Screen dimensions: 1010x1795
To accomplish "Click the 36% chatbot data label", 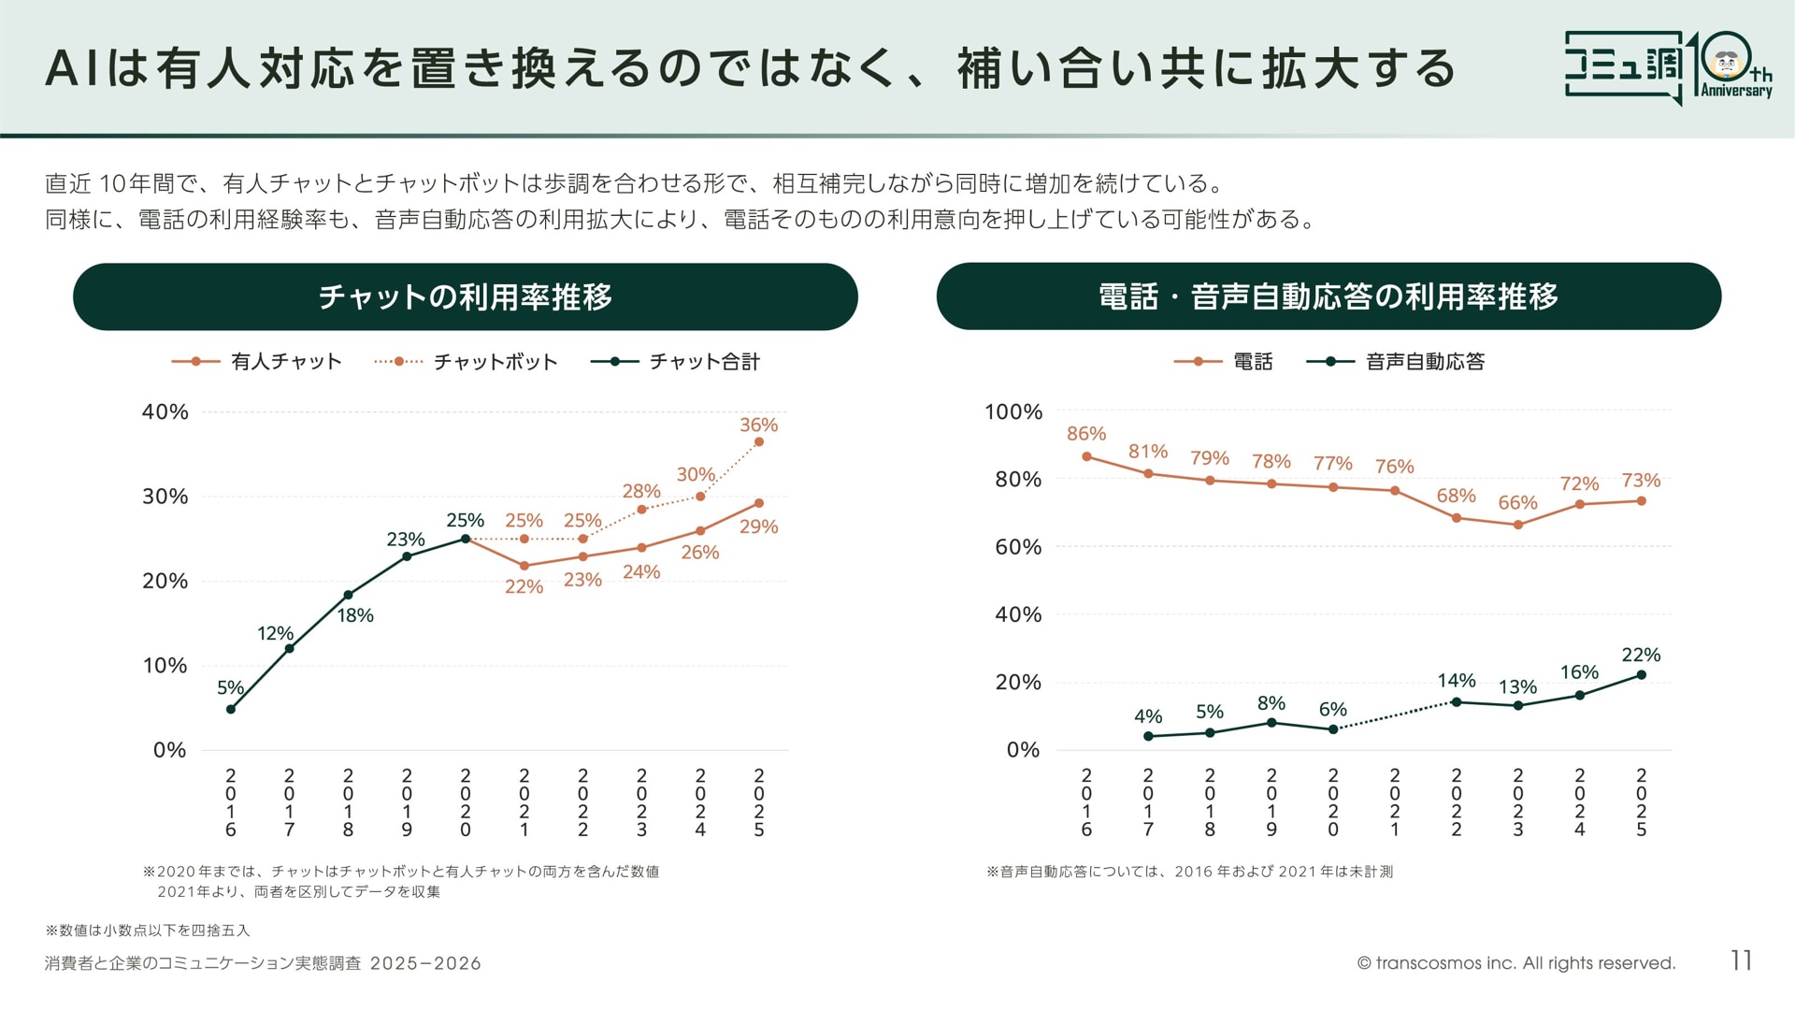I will pos(758,425).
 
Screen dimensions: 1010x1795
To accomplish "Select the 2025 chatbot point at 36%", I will pos(758,442).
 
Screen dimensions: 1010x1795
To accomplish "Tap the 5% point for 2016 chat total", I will pos(231,709).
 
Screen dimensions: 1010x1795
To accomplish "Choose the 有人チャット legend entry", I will pos(257,362).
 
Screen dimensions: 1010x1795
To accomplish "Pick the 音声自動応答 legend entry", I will pos(1395,362).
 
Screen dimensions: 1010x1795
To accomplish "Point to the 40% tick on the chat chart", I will pos(165,412).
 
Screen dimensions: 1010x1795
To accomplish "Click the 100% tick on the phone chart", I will pos(1013,412).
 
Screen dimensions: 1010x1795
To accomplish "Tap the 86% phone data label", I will pos(1086,434).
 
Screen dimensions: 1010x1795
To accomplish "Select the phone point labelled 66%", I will pos(1518,525).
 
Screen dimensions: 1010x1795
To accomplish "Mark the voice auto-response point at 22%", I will pos(1641,674).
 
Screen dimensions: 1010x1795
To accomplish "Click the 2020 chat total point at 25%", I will pos(466,539).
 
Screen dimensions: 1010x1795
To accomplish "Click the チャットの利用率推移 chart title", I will pos(466,296).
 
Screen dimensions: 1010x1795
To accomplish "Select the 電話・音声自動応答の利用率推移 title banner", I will pos(1328,296).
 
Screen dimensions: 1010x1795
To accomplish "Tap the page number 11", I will pos(1741,960).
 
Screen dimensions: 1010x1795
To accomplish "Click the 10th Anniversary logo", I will pos(1669,67).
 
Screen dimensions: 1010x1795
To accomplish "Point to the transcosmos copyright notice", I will pos(1515,963).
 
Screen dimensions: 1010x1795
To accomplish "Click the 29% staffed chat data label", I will pos(758,527).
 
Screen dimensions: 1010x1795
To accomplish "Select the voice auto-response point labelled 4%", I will pos(1148,736).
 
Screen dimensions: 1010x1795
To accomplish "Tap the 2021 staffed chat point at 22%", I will pos(524,566).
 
